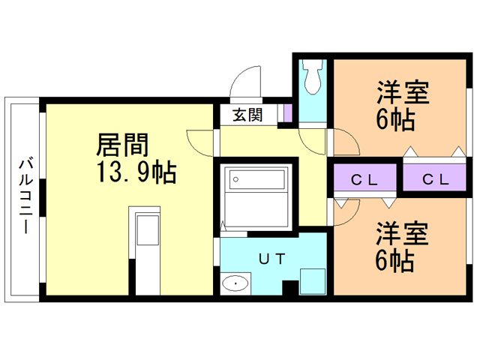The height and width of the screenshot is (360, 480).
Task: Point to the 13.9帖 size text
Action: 135,174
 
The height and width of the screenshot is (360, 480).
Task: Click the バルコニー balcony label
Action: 25,195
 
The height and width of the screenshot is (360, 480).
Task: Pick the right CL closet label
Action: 435,179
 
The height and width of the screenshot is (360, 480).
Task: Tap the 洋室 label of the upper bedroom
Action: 402,94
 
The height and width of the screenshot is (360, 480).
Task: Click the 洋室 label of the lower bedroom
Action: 402,232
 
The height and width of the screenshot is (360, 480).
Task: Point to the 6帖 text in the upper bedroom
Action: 396,121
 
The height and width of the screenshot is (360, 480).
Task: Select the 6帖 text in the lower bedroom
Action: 396,260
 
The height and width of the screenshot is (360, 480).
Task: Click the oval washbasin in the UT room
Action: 236,283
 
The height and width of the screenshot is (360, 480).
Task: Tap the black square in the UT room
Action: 289,288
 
